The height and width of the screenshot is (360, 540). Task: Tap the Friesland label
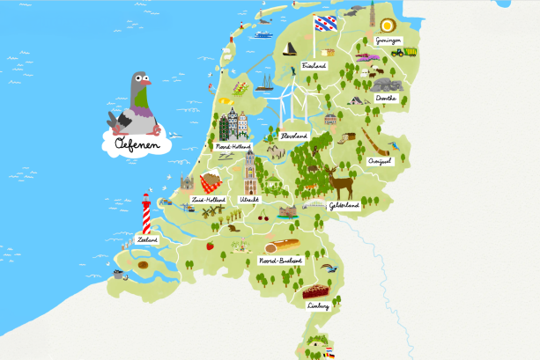tap(314, 66)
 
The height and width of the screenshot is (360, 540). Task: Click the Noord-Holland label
tap(233, 146)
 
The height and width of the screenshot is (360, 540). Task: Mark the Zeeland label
tap(147, 239)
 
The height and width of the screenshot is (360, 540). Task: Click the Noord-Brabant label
tap(280, 261)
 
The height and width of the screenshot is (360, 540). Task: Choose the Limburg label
tap(319, 305)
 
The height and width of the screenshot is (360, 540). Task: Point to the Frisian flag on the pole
tap(326, 21)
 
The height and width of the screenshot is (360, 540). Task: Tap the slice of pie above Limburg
tap(314, 290)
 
